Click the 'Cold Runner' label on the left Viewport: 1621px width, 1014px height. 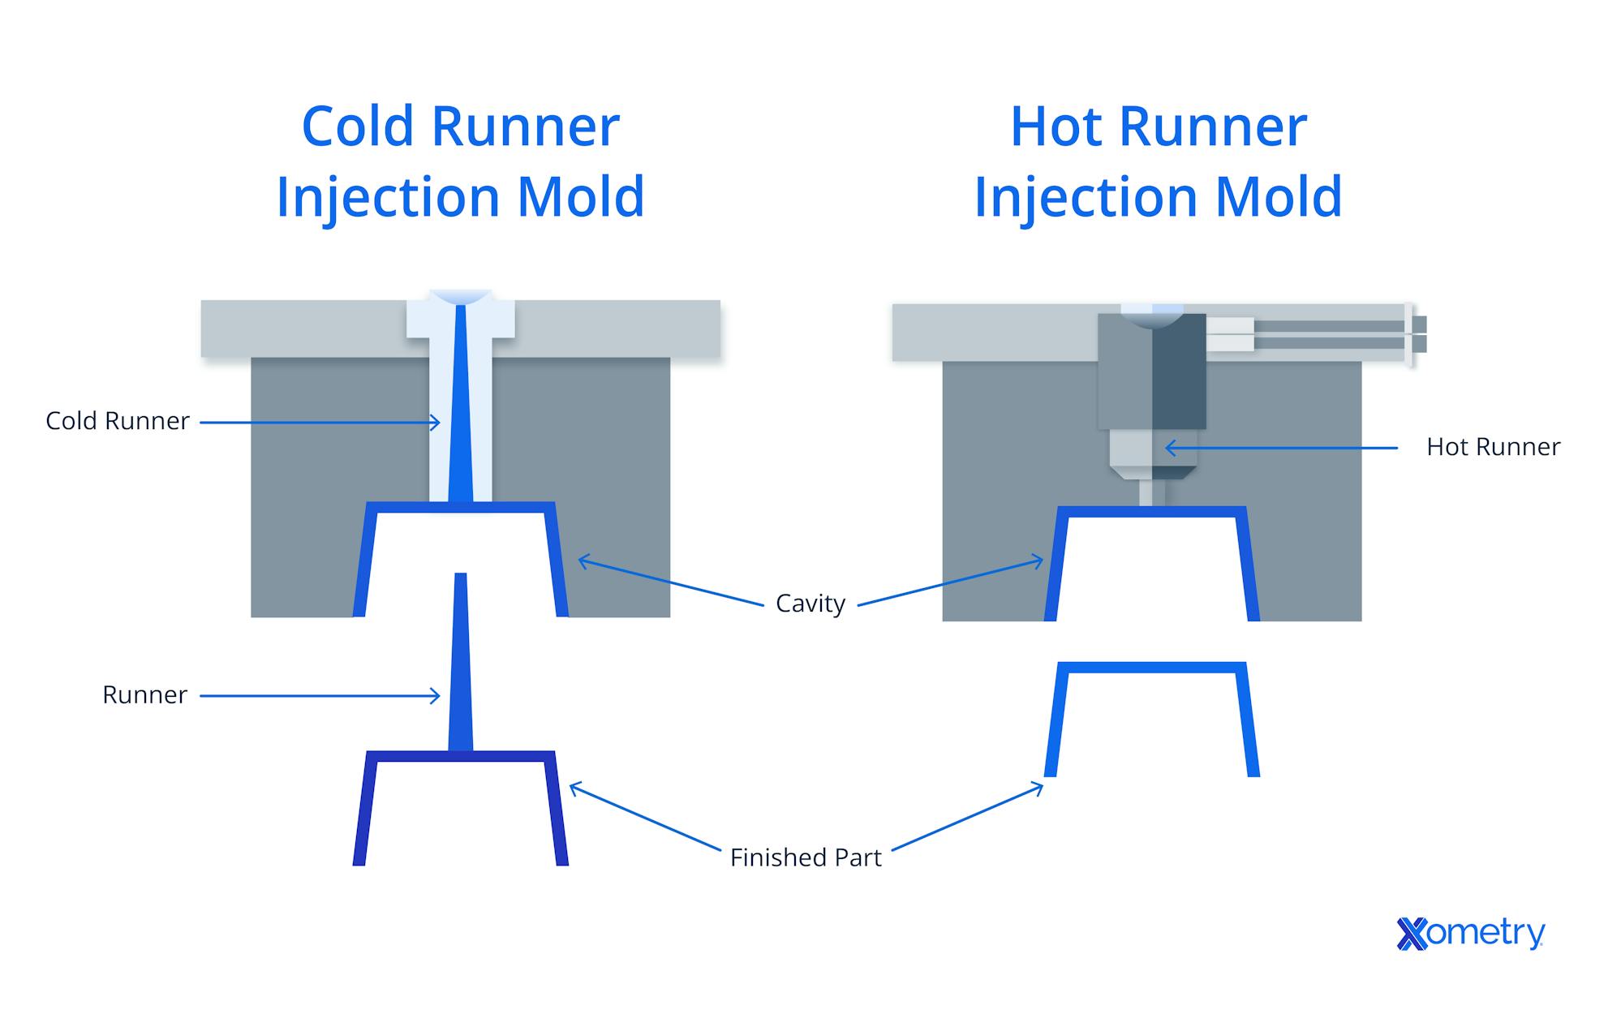(x=117, y=421)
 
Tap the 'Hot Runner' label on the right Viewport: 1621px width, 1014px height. (x=1493, y=447)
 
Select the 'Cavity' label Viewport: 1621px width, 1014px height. (x=810, y=604)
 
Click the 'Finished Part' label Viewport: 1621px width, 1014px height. (x=805, y=857)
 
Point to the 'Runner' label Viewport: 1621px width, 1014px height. (x=144, y=695)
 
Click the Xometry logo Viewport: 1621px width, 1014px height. (x=1470, y=933)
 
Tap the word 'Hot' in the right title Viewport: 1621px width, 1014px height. (x=1056, y=127)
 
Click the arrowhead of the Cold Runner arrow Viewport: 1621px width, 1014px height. (x=436, y=423)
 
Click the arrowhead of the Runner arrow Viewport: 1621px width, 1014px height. (x=436, y=696)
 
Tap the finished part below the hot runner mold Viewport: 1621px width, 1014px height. (x=1151, y=668)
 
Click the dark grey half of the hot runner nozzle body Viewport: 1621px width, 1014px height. (x=1179, y=373)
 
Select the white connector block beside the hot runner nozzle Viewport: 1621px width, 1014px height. (x=1230, y=334)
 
